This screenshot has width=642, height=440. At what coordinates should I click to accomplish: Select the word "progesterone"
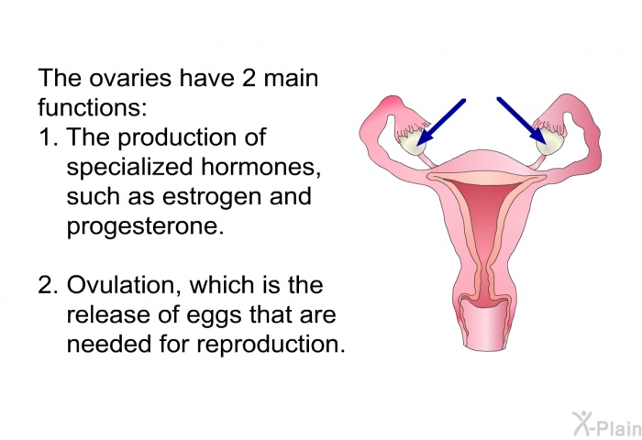pos(145,225)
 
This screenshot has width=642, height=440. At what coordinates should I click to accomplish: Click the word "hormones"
pos(260,167)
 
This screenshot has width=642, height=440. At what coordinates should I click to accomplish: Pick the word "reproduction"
pos(271,344)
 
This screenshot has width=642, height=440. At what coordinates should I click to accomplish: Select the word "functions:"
pos(92,107)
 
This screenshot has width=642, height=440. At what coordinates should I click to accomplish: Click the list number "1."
pos(49,137)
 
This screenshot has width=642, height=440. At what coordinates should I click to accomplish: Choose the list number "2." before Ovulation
pos(49,285)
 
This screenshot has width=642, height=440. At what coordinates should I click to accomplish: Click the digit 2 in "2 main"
pos(249,78)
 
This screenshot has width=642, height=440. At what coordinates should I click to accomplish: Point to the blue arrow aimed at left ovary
pos(441,122)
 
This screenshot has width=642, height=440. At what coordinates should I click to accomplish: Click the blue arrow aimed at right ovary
pos(522,121)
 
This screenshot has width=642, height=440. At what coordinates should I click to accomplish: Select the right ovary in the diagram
pos(549,143)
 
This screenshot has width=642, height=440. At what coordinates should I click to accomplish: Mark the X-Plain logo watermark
pos(606,424)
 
